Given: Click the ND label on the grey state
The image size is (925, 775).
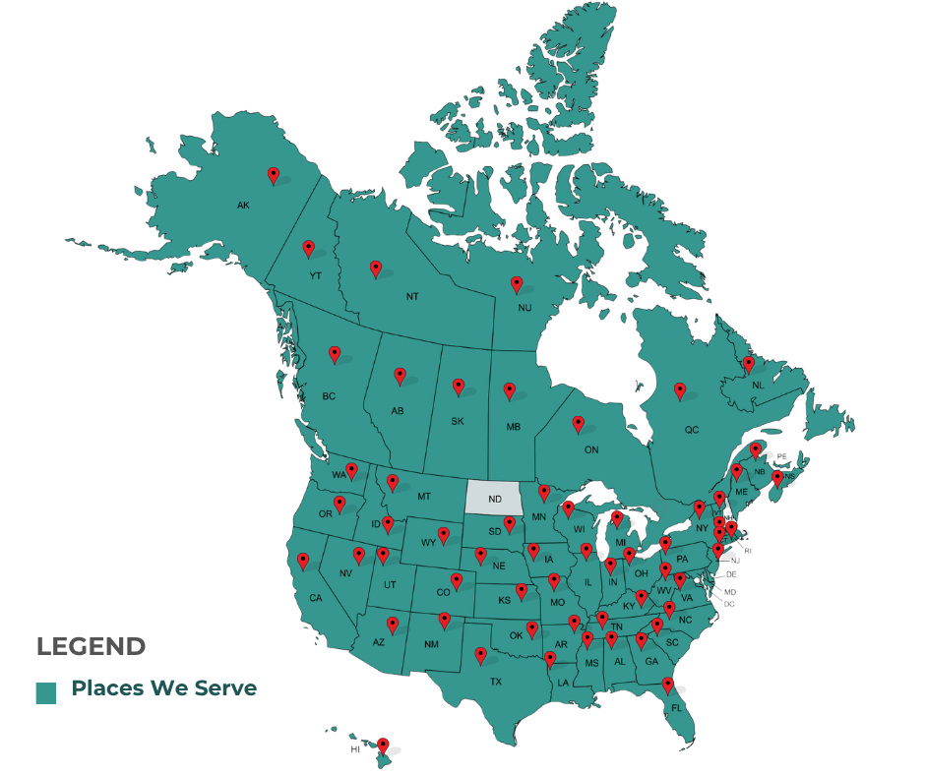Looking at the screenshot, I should coord(494,499).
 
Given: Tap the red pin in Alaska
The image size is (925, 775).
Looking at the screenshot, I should coord(274,175).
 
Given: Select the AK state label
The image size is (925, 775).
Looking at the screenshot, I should coord(243,206).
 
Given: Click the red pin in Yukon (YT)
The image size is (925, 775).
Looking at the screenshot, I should coord(308,248).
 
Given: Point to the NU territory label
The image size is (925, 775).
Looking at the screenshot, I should coord(524,308).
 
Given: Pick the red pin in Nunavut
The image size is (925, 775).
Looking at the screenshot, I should coord(517,284).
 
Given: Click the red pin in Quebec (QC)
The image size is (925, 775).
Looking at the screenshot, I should coord(679,390).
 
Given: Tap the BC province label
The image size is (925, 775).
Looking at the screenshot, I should coord(329,396).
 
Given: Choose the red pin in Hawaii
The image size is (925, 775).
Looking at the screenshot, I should coord(383,745).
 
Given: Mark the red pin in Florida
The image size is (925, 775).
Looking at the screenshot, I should coord(667,685).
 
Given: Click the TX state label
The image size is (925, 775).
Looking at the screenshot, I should coord(496,682).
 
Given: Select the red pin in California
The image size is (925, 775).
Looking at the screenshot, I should coord(303,561).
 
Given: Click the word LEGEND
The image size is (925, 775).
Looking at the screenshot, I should coord(91,646).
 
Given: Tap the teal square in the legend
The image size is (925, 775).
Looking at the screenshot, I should coord(45,692).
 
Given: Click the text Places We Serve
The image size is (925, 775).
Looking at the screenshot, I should coord(163,687).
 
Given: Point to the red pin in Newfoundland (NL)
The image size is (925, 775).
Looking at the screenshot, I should coord(748,364).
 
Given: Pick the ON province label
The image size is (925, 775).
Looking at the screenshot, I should coord(591,449).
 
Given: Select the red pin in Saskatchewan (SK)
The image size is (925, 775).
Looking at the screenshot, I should coord(459,387).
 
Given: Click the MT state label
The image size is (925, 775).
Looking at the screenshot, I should coord(424,496).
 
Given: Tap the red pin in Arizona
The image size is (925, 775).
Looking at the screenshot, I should coord(393,624).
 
